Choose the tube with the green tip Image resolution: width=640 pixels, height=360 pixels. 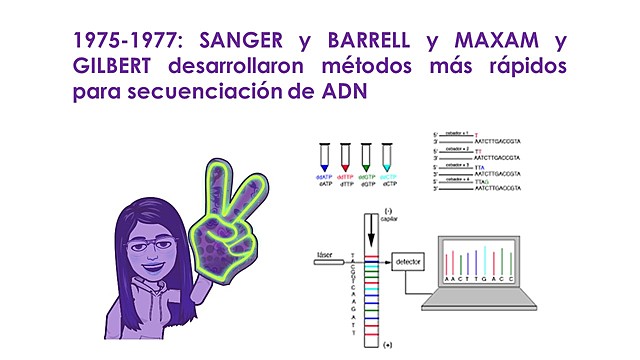point(370,156)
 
